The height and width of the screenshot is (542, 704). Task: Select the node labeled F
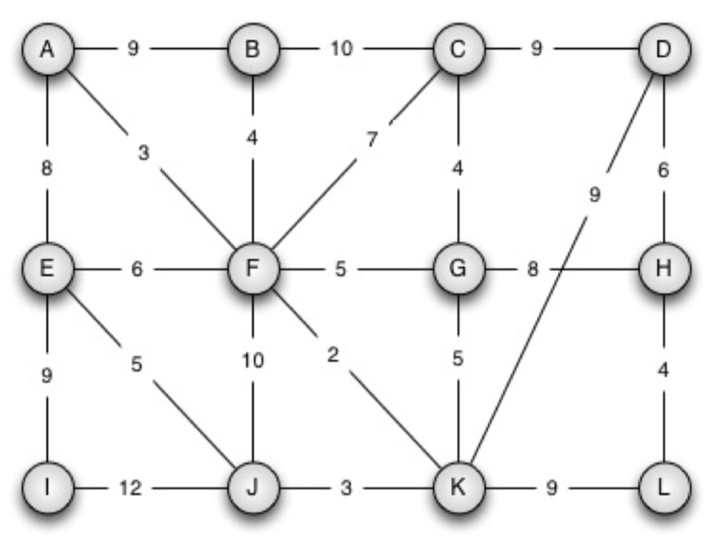coord(253,268)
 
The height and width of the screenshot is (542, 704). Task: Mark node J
coord(253,487)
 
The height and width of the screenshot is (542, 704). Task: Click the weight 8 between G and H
coord(532,268)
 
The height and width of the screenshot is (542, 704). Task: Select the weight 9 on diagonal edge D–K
coord(595,196)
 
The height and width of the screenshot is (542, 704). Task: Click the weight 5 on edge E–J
coord(136,364)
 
